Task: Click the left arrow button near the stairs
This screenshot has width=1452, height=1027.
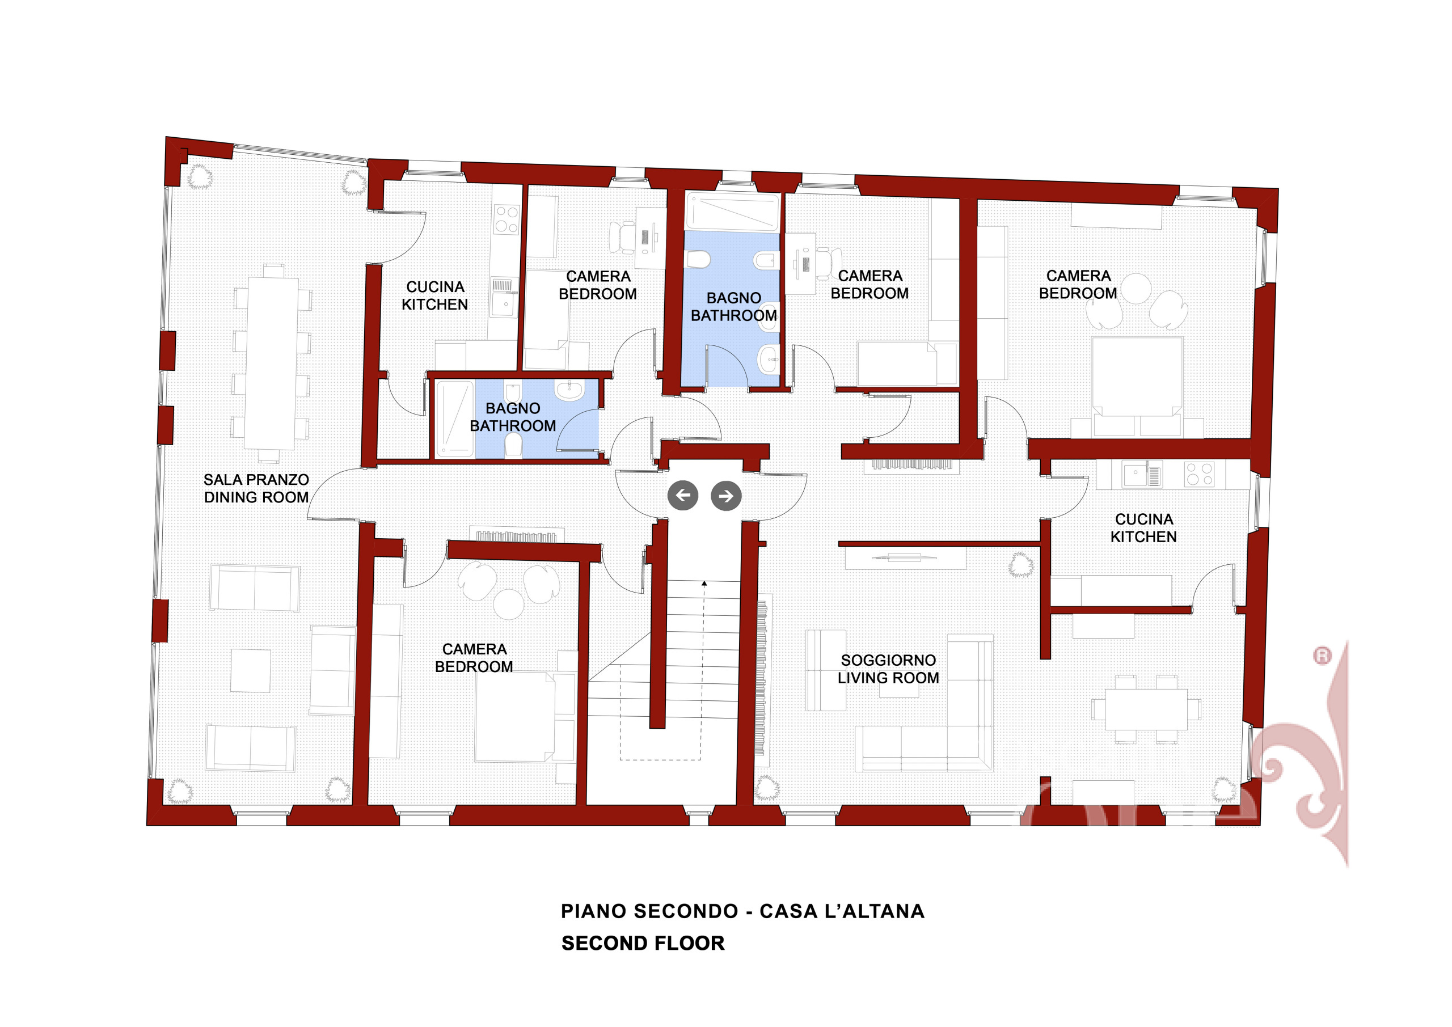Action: (x=683, y=495)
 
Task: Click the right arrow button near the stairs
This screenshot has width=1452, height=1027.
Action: (x=726, y=496)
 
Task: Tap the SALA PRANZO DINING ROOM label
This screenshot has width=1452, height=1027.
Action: (x=256, y=488)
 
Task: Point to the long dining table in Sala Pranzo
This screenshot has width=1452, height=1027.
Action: (x=271, y=364)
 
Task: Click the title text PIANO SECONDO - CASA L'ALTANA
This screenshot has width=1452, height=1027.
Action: (x=742, y=911)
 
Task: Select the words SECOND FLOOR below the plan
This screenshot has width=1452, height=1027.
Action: (x=643, y=943)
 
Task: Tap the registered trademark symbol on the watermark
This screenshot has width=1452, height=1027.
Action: (x=1322, y=655)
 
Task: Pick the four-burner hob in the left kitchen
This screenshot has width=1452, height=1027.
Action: (x=506, y=219)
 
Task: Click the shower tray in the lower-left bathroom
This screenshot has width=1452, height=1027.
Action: (x=454, y=419)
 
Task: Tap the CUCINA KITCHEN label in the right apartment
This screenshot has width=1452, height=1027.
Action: (x=1143, y=527)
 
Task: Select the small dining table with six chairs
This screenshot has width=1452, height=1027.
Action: (x=1146, y=709)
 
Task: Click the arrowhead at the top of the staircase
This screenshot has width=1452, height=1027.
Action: (x=704, y=583)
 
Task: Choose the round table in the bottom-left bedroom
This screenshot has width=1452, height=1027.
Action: (x=508, y=604)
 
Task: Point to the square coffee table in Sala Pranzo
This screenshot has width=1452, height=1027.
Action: (x=251, y=670)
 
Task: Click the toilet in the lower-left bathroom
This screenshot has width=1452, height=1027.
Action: (x=513, y=446)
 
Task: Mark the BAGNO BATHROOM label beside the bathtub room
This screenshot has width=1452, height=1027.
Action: (x=733, y=306)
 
